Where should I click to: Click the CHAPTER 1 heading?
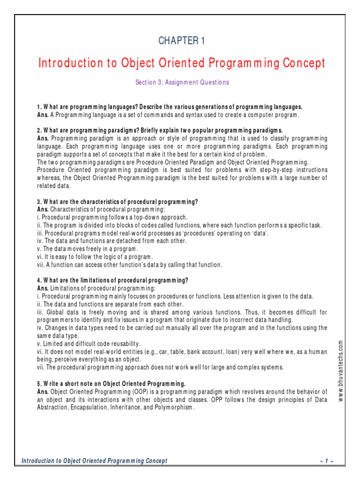coord(181,41)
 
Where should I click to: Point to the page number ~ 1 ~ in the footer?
coord(327,461)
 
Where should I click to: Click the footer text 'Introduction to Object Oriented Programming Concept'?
coord(94,461)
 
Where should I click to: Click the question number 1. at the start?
coord(39,107)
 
